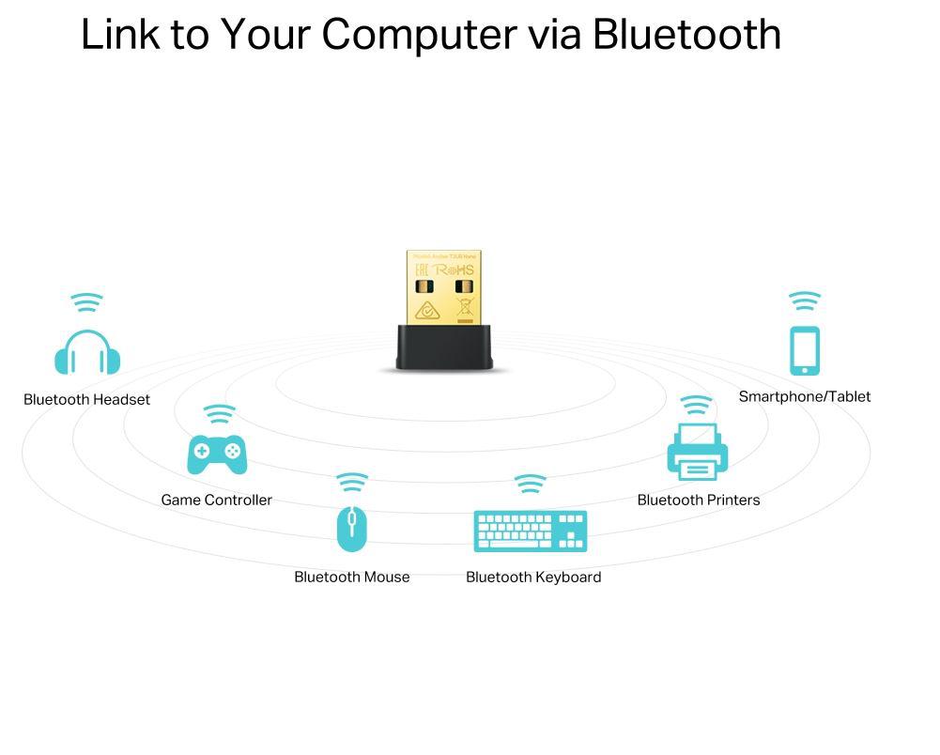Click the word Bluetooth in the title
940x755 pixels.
click(x=686, y=35)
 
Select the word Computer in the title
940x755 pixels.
click(x=419, y=35)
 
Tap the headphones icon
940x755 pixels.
click(x=87, y=353)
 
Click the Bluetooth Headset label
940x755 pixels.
click(x=86, y=399)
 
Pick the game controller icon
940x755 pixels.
click(x=217, y=454)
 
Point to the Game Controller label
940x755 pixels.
click(x=216, y=500)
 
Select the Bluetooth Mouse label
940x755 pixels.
click(x=351, y=577)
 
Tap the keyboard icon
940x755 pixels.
click(x=531, y=531)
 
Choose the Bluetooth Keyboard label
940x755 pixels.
click(x=533, y=577)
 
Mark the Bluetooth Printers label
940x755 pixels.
click(x=699, y=500)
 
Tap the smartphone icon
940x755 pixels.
click(x=805, y=351)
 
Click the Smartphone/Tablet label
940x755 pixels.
click(x=805, y=396)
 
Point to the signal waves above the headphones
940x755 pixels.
click(x=87, y=302)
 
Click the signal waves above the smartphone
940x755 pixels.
click(x=805, y=300)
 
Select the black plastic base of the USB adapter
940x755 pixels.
click(x=444, y=347)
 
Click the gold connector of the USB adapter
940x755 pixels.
click(x=443, y=287)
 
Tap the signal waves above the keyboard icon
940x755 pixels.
click(x=531, y=484)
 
